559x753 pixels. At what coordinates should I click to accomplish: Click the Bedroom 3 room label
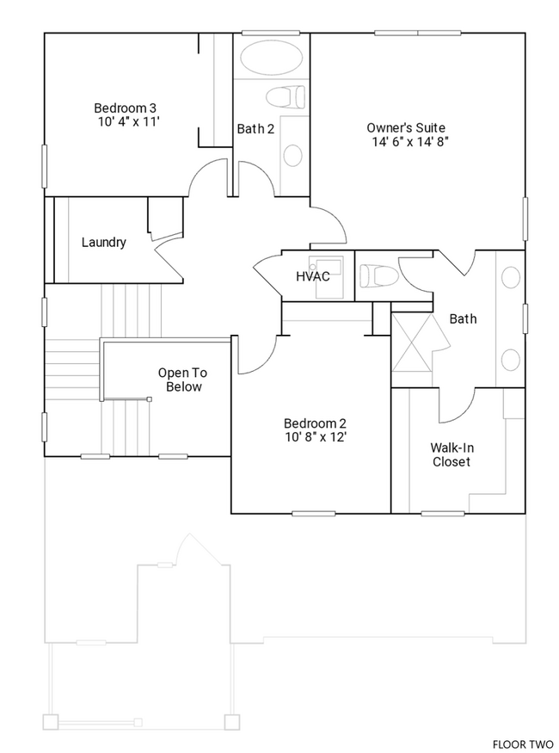tap(125, 108)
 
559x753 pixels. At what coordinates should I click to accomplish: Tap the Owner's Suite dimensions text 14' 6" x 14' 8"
tap(411, 140)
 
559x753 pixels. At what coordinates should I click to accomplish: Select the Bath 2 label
tap(255, 129)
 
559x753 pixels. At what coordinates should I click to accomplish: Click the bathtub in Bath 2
tap(271, 59)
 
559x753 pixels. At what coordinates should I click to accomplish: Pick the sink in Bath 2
tap(293, 156)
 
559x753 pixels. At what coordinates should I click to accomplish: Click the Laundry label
tap(103, 243)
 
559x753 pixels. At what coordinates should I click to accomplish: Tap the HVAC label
tap(312, 276)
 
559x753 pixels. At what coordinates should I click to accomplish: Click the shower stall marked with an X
tap(412, 342)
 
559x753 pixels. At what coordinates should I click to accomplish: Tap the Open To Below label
tap(181, 380)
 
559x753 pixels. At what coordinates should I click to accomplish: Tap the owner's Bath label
tap(463, 319)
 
